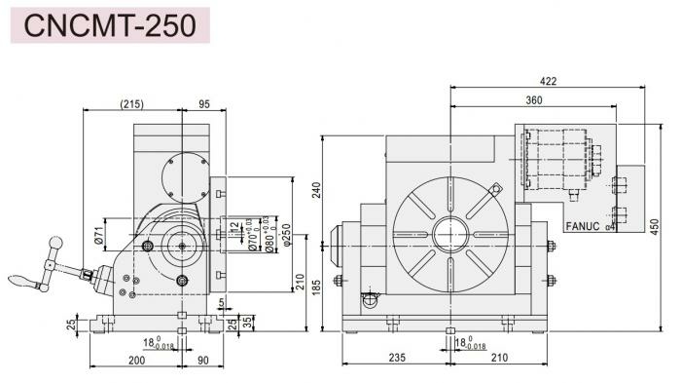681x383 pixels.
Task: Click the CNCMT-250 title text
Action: tap(110, 25)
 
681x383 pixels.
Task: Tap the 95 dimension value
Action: tap(203, 102)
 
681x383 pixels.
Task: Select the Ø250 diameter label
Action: tap(286, 234)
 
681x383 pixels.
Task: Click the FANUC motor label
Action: tap(584, 226)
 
